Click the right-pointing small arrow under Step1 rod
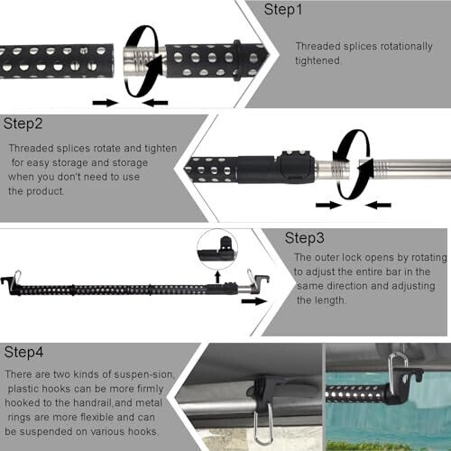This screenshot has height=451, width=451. pos(106,103)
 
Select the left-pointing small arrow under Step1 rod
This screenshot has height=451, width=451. pos(155,103)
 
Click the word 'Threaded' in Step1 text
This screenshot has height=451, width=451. pos(318,45)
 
